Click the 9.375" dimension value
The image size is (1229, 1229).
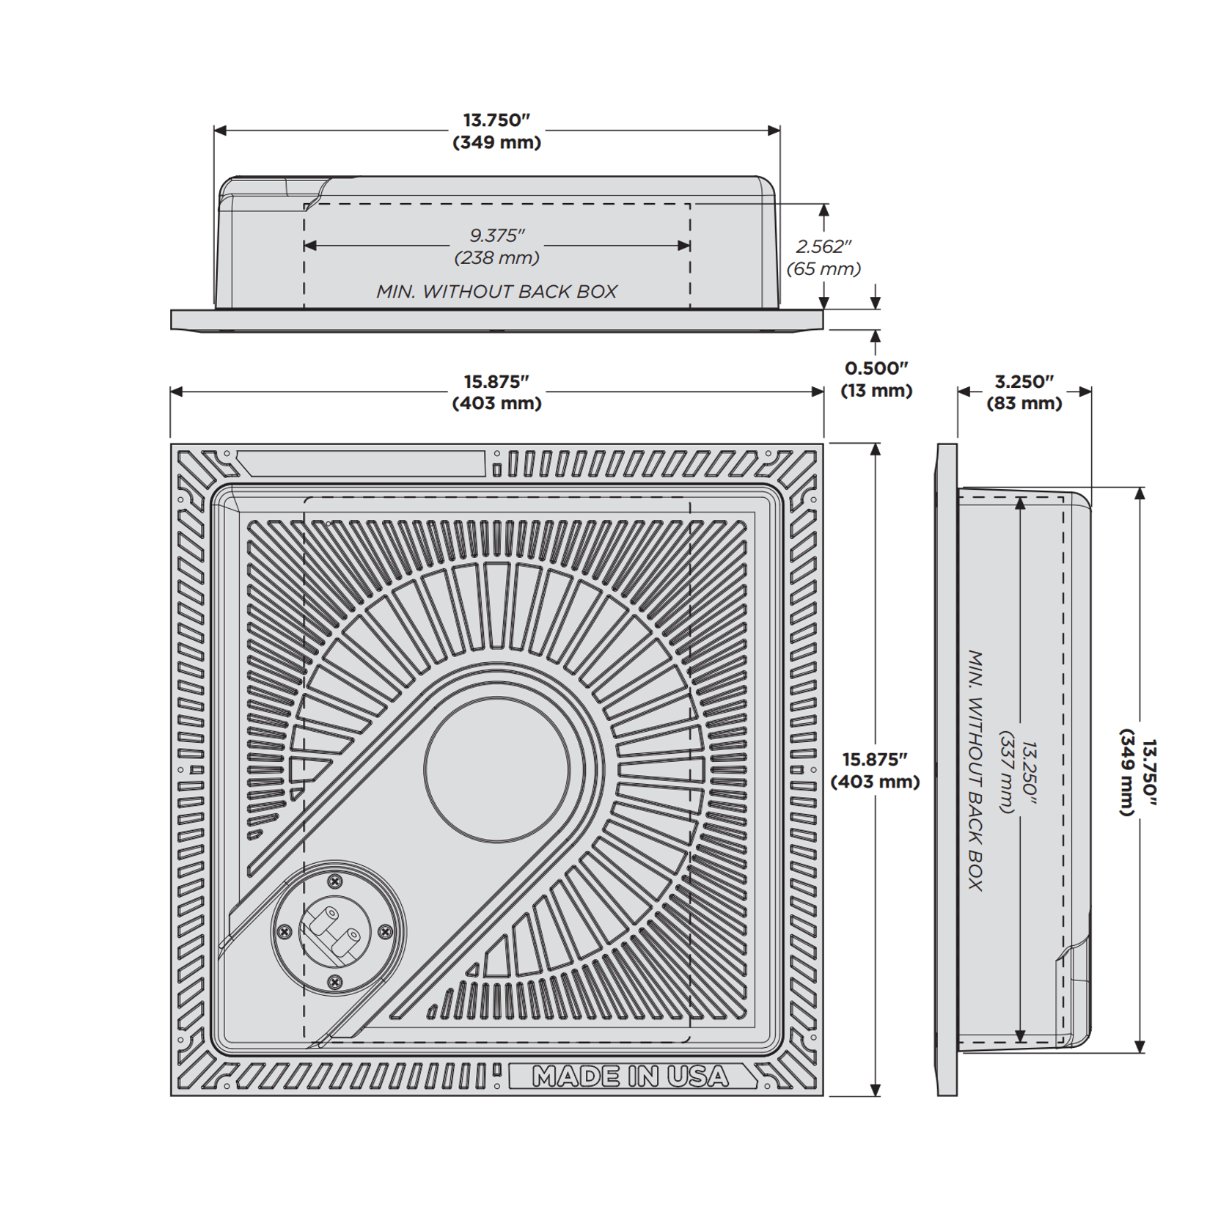coord(497,235)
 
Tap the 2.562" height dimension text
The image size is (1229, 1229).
coord(824,246)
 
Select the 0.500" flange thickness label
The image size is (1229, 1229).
coord(876,368)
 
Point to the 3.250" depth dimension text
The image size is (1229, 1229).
coord(1024,382)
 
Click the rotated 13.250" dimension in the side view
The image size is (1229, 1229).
coord(1030,770)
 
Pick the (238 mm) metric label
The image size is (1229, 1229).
coord(497,257)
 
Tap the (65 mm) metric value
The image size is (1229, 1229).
coord(824,268)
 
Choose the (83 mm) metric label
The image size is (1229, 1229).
coord(1024,403)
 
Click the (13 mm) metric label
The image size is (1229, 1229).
coord(876,390)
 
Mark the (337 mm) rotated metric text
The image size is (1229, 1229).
coord(1008,771)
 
